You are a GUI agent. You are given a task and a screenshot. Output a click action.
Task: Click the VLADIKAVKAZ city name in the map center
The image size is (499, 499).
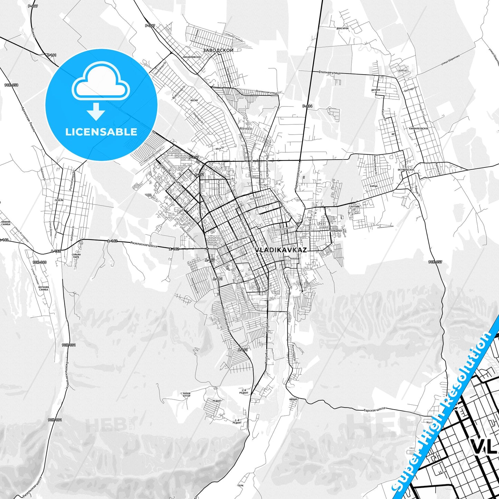(281, 250)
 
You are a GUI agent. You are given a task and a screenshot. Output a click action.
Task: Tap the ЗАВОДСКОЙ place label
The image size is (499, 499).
(218, 50)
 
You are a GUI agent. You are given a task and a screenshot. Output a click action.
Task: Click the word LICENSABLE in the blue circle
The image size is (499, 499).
(101, 132)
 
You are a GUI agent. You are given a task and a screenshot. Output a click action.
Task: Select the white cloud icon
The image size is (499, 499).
(101, 83)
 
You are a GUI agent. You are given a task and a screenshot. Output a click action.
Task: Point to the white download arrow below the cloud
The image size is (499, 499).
(96, 111)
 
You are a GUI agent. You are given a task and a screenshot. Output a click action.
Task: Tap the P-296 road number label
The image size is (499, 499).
(307, 106)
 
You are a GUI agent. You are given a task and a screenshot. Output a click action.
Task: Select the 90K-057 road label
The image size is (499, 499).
(435, 262)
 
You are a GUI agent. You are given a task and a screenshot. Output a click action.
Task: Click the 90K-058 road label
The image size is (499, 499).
(11, 85)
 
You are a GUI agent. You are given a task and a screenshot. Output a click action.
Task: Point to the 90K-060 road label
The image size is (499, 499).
(39, 262)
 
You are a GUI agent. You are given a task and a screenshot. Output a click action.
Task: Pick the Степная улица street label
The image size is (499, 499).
(329, 73)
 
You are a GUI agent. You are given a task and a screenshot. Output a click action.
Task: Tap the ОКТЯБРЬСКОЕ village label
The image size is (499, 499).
(406, 170)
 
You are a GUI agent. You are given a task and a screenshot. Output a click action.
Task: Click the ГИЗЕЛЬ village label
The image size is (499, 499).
(59, 200)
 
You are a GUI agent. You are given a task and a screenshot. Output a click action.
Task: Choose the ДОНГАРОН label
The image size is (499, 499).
(342, 28)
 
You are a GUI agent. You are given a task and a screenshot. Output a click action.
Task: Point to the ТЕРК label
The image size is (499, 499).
(241, 486)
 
